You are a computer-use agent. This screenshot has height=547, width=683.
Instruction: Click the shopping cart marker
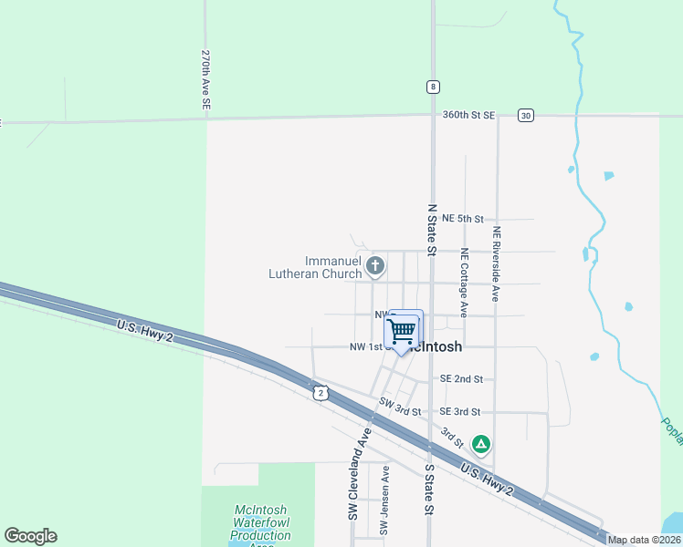pos(402,330)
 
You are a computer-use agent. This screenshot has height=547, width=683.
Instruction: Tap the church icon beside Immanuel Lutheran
pos(374,266)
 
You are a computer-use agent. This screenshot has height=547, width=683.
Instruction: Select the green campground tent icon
pos(481,444)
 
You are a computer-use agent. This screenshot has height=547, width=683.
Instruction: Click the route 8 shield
pos(432,87)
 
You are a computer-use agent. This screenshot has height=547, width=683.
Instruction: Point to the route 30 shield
pos(524,115)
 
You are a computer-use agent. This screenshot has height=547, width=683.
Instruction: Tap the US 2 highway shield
pos(319,392)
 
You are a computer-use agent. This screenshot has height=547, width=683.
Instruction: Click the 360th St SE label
pos(468,115)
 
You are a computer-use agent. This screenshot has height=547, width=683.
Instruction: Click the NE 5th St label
pos(462,219)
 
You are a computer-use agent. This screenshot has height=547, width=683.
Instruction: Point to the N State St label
pos(432,228)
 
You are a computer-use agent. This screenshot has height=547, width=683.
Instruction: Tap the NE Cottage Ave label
pos(465,282)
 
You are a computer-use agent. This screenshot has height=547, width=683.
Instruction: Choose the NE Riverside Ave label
pos(497,263)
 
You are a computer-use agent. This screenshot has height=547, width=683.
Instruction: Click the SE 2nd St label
pos(461,378)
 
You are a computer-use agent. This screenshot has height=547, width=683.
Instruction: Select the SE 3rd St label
pos(461,412)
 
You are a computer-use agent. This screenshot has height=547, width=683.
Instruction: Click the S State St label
pos(428,489)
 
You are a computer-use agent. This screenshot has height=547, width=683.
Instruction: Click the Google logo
pos(30,536)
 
